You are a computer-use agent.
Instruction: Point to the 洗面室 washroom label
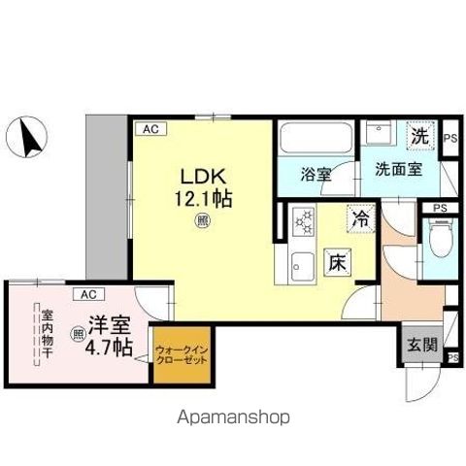398,167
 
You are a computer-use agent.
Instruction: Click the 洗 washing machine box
418,138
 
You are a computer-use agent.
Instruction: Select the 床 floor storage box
337,262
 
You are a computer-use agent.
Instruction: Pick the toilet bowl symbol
440,240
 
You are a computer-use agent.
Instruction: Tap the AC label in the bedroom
87,293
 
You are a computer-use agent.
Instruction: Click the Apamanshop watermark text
232,417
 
